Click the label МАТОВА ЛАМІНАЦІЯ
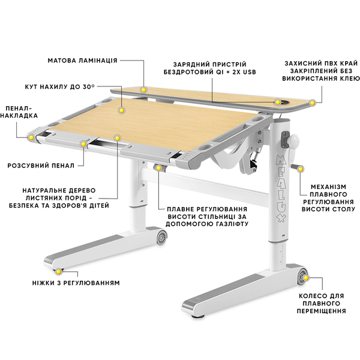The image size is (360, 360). click(82, 61)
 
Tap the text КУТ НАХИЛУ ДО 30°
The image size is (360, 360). click(59, 87)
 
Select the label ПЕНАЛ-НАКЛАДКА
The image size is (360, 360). click(19, 112)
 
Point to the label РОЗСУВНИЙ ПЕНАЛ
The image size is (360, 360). click(41, 166)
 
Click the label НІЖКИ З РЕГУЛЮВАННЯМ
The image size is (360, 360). click(76, 283)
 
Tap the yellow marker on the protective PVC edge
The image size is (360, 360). click(312, 103)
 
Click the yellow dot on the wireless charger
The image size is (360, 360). click(278, 102)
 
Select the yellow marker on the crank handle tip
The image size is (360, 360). click(301, 169)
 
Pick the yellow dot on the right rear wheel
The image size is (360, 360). click(305, 278)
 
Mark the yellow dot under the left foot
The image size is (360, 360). click(59, 272)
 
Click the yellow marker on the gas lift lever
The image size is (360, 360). click(158, 168)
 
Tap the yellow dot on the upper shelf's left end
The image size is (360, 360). click(144, 90)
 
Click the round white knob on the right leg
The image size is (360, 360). click(293, 140)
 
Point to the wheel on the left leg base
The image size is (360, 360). click(162, 236)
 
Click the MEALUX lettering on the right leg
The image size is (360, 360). click(281, 189)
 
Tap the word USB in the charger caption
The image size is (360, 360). click(249, 72)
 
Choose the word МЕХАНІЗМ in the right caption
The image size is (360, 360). click(329, 187)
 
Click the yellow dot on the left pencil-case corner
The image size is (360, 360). click(31, 137)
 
